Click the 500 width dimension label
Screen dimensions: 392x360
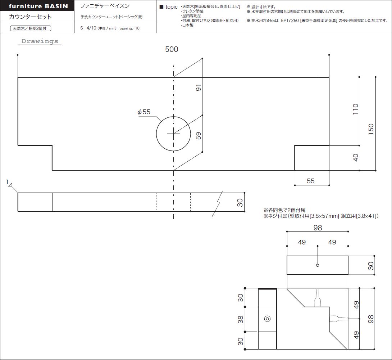[x=172, y=49]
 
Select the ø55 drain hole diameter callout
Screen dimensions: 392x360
[x=144, y=112]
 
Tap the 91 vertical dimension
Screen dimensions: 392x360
[x=198, y=87]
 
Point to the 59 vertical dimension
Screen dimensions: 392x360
[x=198, y=136]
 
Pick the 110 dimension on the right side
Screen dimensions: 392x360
[x=355, y=109]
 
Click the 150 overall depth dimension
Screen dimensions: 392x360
[x=371, y=129]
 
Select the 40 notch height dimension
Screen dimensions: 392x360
[x=355, y=158]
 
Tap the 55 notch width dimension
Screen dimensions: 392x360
[x=310, y=181]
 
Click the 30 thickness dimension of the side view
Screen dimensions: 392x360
[x=240, y=202]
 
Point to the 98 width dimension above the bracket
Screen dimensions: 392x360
[x=318, y=228]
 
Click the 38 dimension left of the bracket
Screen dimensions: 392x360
[x=240, y=319]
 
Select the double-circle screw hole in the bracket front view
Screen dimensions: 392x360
[x=267, y=319]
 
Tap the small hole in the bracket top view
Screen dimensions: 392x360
[x=318, y=265]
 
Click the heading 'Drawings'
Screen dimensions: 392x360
[x=40, y=41]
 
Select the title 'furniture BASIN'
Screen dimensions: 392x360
[x=38, y=6]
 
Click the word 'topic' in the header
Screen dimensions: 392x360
[x=172, y=7]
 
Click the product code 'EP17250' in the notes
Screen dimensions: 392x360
[x=290, y=21]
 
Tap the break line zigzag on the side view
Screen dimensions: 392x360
[x=217, y=204]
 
